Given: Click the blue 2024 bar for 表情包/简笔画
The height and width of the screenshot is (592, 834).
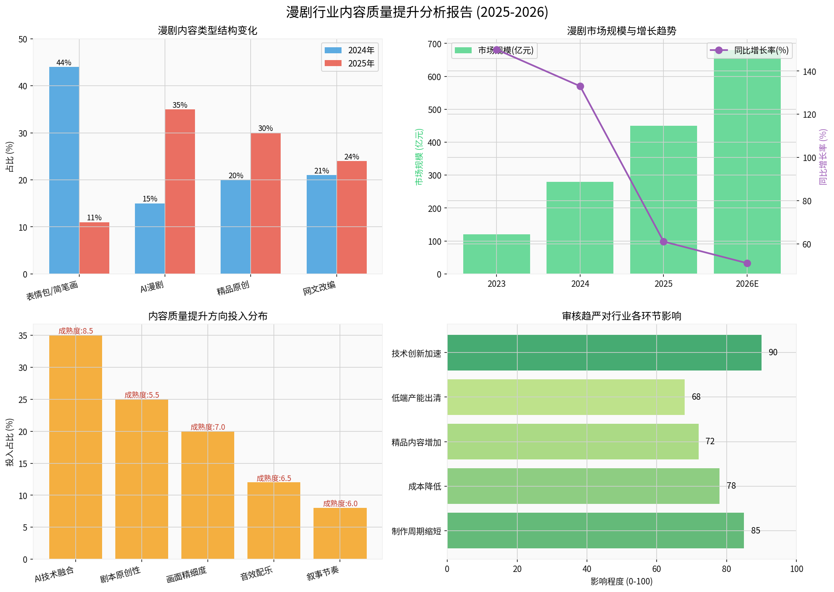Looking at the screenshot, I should tap(64, 170).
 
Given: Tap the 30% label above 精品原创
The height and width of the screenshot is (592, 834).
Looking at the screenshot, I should tap(265, 129).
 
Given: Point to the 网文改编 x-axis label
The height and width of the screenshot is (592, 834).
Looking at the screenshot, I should tap(320, 288).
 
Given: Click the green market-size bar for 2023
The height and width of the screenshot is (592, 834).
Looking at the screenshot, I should tap(496, 254).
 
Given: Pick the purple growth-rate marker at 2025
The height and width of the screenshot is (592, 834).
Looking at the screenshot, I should tap(663, 242).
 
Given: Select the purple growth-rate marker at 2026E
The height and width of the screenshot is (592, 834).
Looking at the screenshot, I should tap(747, 263).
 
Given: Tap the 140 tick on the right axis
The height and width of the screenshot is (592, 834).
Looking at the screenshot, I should tap(809, 72).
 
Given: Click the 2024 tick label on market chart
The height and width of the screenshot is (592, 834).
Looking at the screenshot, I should tap(580, 284).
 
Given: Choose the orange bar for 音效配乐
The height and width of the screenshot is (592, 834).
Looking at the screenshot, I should tap(274, 520).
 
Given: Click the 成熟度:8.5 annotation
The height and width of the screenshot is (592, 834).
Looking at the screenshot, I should tap(76, 331).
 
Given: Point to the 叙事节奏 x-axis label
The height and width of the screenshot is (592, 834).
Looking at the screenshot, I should tap(323, 574).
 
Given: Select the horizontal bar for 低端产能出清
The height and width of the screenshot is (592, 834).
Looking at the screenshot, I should tap(566, 397).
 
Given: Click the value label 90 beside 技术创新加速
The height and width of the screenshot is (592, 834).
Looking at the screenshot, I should tap(773, 352).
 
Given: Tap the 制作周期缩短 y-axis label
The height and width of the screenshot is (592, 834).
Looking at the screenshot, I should tap(416, 531).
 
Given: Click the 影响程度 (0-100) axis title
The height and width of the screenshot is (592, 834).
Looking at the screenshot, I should tap(621, 581).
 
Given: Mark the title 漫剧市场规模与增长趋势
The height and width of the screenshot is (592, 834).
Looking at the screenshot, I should tap(621, 31).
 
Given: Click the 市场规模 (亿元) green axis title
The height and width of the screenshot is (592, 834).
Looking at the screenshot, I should tap(419, 157).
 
